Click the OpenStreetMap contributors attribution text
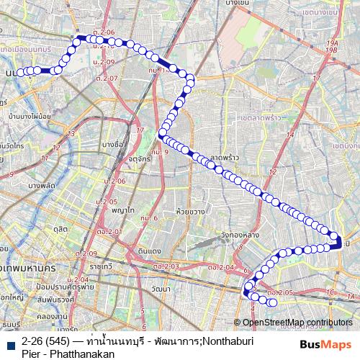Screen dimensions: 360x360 point(297,322)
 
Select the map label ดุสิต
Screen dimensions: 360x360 point(60,228)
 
